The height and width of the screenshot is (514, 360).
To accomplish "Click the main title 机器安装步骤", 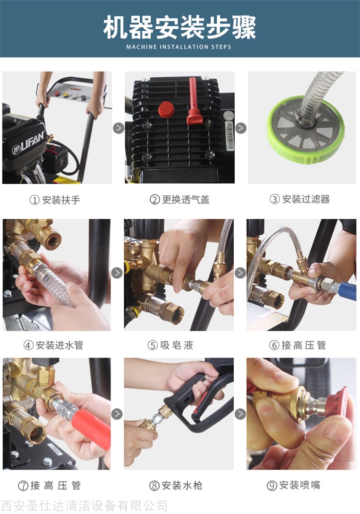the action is tap(180, 27).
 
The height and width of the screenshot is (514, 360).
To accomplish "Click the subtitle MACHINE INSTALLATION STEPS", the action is tap(179, 47).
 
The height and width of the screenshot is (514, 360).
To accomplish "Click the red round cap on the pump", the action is tap(166, 109).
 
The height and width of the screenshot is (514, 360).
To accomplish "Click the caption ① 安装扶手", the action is tap(55, 200).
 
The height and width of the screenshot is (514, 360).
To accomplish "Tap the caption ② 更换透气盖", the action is tap(180, 199).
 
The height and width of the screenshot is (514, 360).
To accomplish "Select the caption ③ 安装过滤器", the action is tap(300, 199).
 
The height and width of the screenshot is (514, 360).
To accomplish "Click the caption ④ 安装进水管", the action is tap(53, 345).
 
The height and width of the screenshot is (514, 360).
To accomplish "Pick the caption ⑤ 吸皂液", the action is tap(170, 345).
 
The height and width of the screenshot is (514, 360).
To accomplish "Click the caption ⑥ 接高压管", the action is tap(298, 345).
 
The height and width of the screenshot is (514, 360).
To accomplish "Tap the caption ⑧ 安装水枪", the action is tap(176, 486).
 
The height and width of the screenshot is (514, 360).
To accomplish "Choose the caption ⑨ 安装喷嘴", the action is tap(294, 485).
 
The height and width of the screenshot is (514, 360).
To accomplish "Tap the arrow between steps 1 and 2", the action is tap(119, 128).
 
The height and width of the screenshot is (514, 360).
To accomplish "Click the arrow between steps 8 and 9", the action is tap(240, 414).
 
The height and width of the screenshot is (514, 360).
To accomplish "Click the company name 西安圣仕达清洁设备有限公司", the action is tap(84, 506).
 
